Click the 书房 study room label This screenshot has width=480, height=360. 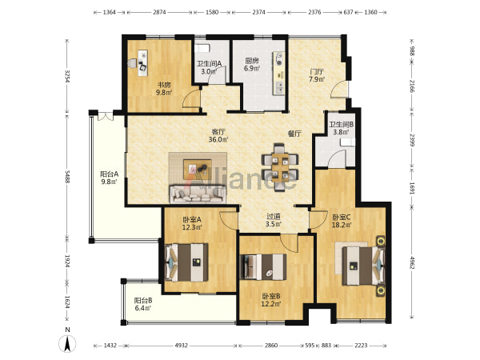coord(164,85)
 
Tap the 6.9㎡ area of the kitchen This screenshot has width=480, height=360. coord(252,68)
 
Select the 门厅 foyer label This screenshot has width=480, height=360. coord(317,72)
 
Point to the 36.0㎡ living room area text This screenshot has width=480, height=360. coord(218,139)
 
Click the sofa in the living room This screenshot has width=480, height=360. coord(198,194)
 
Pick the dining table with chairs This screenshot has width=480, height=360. coord(280,167)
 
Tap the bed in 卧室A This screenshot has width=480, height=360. coord(186,262)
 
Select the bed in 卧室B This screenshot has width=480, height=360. coord(263,267)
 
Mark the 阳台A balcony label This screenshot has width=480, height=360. coord(110,174)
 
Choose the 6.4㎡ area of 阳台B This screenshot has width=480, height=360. coord(143,308)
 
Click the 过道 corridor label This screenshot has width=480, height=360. coord(274,217)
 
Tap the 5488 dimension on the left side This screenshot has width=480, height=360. coord(67,177)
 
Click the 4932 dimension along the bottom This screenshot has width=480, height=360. coord(182,346)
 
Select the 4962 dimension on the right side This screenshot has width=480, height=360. coord(412,262)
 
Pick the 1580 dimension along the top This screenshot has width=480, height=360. coord(212,12)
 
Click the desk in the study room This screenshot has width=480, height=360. coord(142,62)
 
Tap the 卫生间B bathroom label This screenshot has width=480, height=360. coord(342,125)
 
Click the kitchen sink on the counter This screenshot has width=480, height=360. coord(279,87)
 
